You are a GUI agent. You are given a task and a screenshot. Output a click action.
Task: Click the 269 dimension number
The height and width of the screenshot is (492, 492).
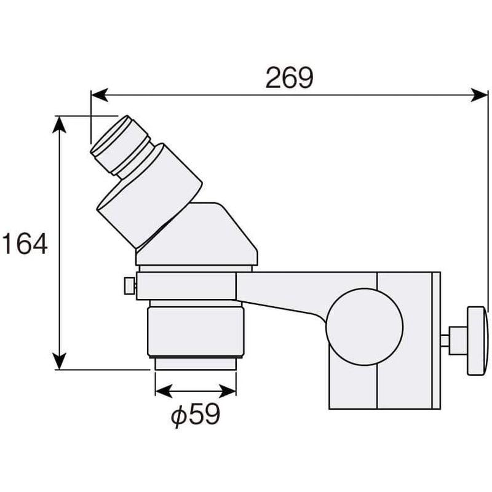[x=289, y=77]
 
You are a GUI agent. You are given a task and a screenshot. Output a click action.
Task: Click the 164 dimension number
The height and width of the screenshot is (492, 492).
[x=25, y=243]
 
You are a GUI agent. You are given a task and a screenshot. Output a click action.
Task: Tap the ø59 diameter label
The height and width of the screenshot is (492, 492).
[x=196, y=415]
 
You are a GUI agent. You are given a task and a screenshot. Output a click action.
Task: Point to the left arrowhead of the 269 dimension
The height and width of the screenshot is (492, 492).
[x=100, y=95]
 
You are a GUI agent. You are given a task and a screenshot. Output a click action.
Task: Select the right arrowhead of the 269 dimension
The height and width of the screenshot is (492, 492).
[x=480, y=95]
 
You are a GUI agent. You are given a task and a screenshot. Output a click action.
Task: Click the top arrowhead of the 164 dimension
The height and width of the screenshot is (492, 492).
[x=59, y=125]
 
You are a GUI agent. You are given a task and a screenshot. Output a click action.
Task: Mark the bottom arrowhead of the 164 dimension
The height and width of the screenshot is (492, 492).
[x=59, y=361]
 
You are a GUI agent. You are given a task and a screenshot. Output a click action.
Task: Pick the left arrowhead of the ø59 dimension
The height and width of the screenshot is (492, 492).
[x=164, y=391]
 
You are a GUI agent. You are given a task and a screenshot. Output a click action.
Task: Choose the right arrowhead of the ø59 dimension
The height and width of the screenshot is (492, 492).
[x=228, y=391]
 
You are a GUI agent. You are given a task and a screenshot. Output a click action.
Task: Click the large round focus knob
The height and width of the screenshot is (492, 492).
[x=364, y=327]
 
